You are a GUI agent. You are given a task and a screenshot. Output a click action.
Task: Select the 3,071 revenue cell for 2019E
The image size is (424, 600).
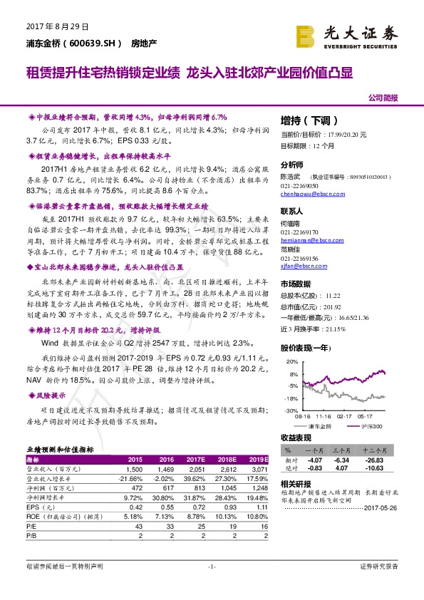pos(258,470)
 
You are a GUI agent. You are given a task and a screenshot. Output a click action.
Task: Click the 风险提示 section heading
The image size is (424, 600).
pos(50,395)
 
